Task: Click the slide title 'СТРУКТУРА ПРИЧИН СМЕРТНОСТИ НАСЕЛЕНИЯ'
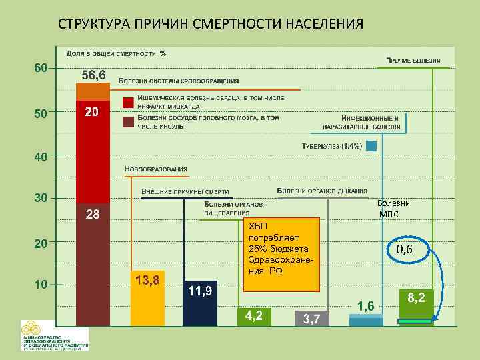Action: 211,25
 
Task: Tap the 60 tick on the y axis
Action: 41,69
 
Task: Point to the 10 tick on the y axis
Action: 41,285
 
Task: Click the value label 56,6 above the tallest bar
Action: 93,75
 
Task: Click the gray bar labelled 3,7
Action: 311,319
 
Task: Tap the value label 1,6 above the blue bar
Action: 365,305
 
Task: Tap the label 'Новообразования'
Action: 156,169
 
